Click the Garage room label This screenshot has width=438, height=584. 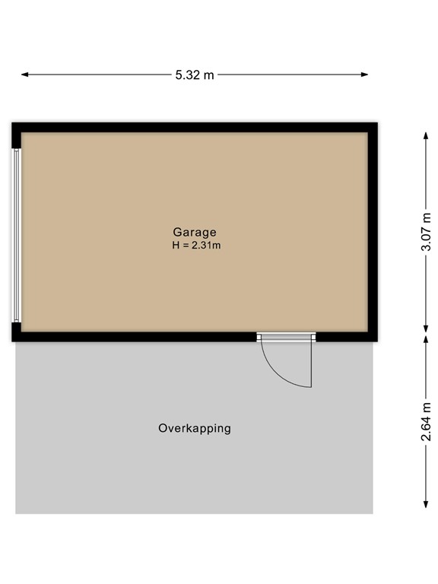click(195, 232)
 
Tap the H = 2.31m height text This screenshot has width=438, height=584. click(195, 245)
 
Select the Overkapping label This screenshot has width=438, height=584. click(194, 428)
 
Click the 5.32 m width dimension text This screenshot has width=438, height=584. click(195, 75)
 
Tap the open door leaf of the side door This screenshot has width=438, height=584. click(311, 363)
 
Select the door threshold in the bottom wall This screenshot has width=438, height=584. click(286, 336)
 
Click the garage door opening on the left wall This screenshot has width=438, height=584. click(17, 234)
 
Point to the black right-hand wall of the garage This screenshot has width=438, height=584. click(373, 232)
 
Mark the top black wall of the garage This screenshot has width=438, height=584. click(195, 127)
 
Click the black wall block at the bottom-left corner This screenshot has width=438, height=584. click(17, 332)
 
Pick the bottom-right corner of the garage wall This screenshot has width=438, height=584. click(373, 337)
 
